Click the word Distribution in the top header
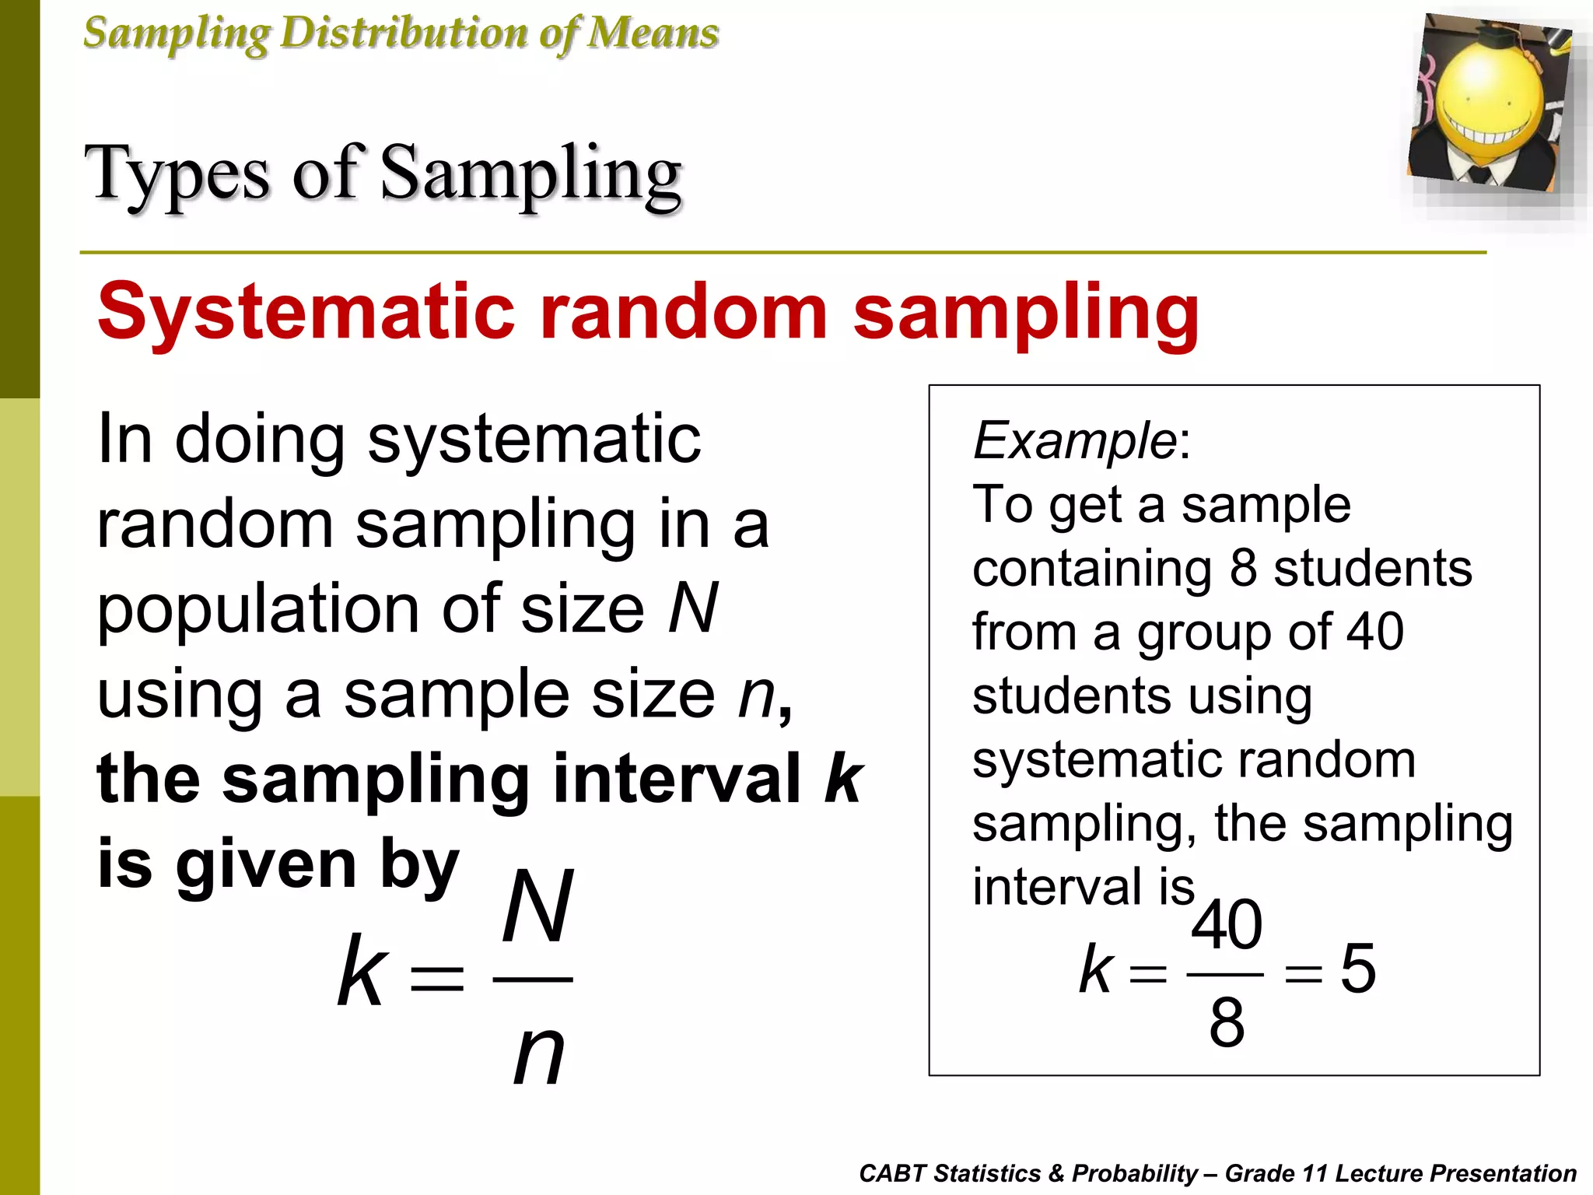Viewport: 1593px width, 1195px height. [404, 33]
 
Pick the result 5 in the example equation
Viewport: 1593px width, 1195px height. [1358, 969]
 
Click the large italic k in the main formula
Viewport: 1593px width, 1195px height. [361, 971]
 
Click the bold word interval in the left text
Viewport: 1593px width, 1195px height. [677, 779]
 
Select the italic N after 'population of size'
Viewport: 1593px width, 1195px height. [693, 608]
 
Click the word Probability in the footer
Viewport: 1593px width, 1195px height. [1135, 1173]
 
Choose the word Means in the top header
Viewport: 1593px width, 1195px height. [653, 33]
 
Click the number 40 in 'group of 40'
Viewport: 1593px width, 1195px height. [1375, 631]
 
